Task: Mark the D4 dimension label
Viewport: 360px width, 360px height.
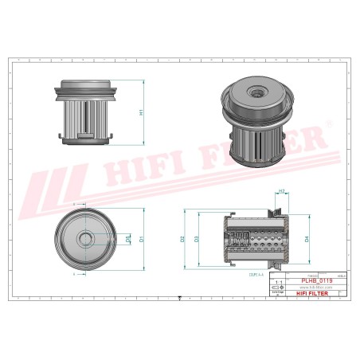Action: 306,238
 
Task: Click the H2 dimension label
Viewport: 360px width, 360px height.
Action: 281,191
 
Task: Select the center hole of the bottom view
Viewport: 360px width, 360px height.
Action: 84,238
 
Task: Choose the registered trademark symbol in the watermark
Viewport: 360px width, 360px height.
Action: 330,125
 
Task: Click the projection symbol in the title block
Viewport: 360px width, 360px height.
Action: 277,288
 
